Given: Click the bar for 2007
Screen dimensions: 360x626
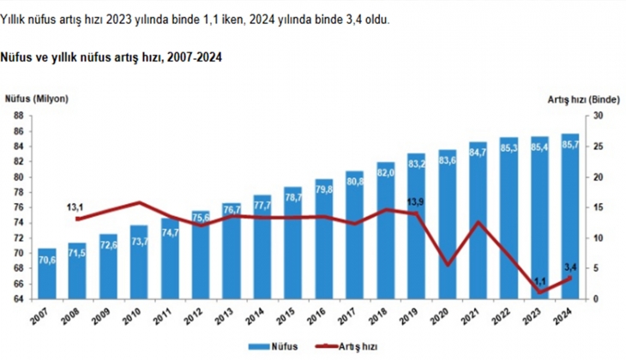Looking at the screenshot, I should pyautogui.click(x=46, y=274).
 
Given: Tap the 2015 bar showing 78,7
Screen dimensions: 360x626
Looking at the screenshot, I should pyautogui.click(x=293, y=244).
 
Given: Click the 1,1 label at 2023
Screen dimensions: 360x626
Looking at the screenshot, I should pyautogui.click(x=539, y=279).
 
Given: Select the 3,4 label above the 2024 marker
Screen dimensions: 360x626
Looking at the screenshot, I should pyautogui.click(x=569, y=266).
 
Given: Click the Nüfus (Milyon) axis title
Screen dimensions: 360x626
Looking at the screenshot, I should pyautogui.click(x=37, y=99).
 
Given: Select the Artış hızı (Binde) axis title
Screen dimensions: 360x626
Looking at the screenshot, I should pyautogui.click(x=583, y=100).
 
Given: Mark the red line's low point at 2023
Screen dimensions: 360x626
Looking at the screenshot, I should pyautogui.click(x=540, y=292).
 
